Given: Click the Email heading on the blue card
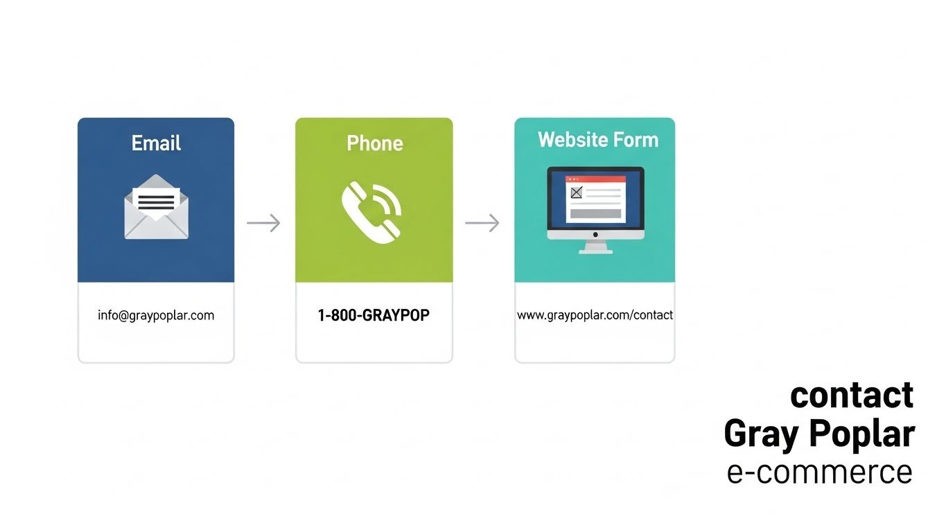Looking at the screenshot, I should click(156, 143).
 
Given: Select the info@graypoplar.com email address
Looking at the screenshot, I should click(156, 315).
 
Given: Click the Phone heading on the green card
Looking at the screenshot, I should click(374, 143).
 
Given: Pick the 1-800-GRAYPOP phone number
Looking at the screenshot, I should click(374, 315).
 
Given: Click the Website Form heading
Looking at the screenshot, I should click(597, 140).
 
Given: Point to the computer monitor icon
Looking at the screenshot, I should click(595, 208).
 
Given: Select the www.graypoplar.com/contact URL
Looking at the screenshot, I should click(595, 315).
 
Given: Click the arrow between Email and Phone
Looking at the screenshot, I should click(264, 223).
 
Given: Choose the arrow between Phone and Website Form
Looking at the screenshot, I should click(482, 223).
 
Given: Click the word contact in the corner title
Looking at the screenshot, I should click(852, 395).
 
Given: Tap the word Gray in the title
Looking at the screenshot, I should click(762, 434).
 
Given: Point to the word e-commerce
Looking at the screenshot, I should click(820, 472).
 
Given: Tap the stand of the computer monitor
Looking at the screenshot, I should click(595, 247).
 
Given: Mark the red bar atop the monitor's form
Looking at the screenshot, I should click(596, 179).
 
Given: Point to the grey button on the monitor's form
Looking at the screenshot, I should click(595, 214).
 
